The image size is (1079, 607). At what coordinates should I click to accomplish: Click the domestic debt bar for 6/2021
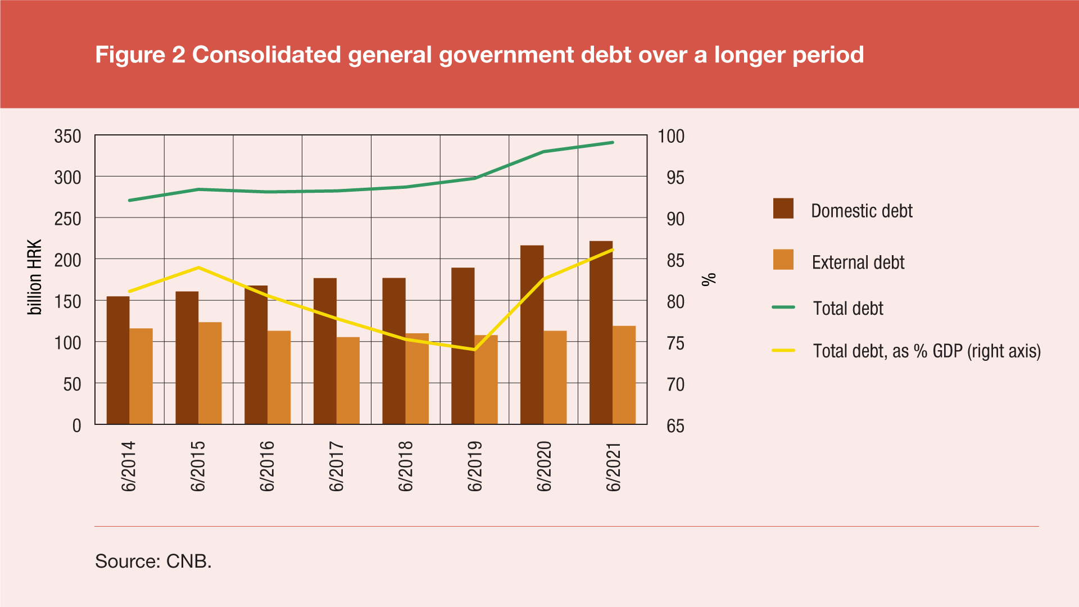(601, 333)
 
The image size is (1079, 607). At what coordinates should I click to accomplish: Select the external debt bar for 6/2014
(141, 376)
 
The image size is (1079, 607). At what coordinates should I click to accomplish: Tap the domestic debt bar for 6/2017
(325, 351)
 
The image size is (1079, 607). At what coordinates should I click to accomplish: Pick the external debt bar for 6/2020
(555, 377)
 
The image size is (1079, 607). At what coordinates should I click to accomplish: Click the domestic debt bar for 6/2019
(463, 346)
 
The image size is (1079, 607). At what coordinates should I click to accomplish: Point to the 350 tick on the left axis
(68, 136)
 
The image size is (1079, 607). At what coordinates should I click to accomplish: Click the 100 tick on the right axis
(671, 136)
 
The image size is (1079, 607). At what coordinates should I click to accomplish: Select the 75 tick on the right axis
(675, 343)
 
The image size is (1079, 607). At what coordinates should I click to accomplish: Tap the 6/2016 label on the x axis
(267, 466)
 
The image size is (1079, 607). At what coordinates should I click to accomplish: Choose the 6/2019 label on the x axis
(474, 466)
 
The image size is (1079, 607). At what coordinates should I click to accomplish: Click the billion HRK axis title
(35, 277)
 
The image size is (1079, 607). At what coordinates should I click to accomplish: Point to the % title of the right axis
(709, 279)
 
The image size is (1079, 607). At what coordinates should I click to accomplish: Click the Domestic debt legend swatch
(783, 209)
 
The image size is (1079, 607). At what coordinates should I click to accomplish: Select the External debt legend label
(858, 262)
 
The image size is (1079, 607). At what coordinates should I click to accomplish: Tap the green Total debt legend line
(783, 307)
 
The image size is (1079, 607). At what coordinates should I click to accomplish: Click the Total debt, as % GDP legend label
(926, 351)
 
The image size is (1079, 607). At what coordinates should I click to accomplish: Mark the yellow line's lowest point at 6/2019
(474, 350)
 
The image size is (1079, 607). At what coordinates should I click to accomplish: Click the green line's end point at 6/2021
(613, 143)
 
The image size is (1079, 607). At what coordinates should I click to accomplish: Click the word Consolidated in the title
(266, 55)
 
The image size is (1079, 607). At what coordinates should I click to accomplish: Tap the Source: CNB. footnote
(153, 561)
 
